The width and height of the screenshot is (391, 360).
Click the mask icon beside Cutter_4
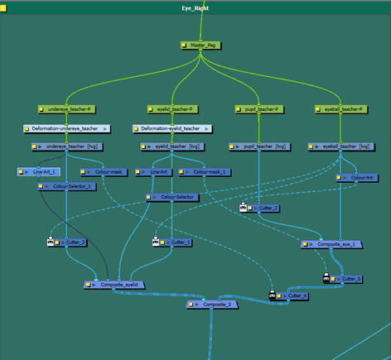click(272, 295)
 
